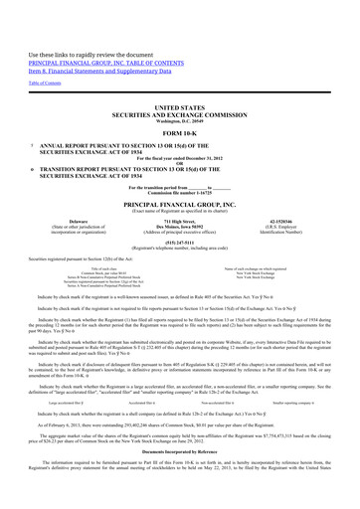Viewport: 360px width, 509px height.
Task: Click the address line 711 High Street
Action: (x=179, y=222)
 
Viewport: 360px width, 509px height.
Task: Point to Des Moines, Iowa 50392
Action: (x=179, y=228)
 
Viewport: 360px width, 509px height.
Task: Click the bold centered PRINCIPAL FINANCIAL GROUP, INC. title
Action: (x=179, y=205)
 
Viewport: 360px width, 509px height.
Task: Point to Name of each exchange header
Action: (x=289, y=270)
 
